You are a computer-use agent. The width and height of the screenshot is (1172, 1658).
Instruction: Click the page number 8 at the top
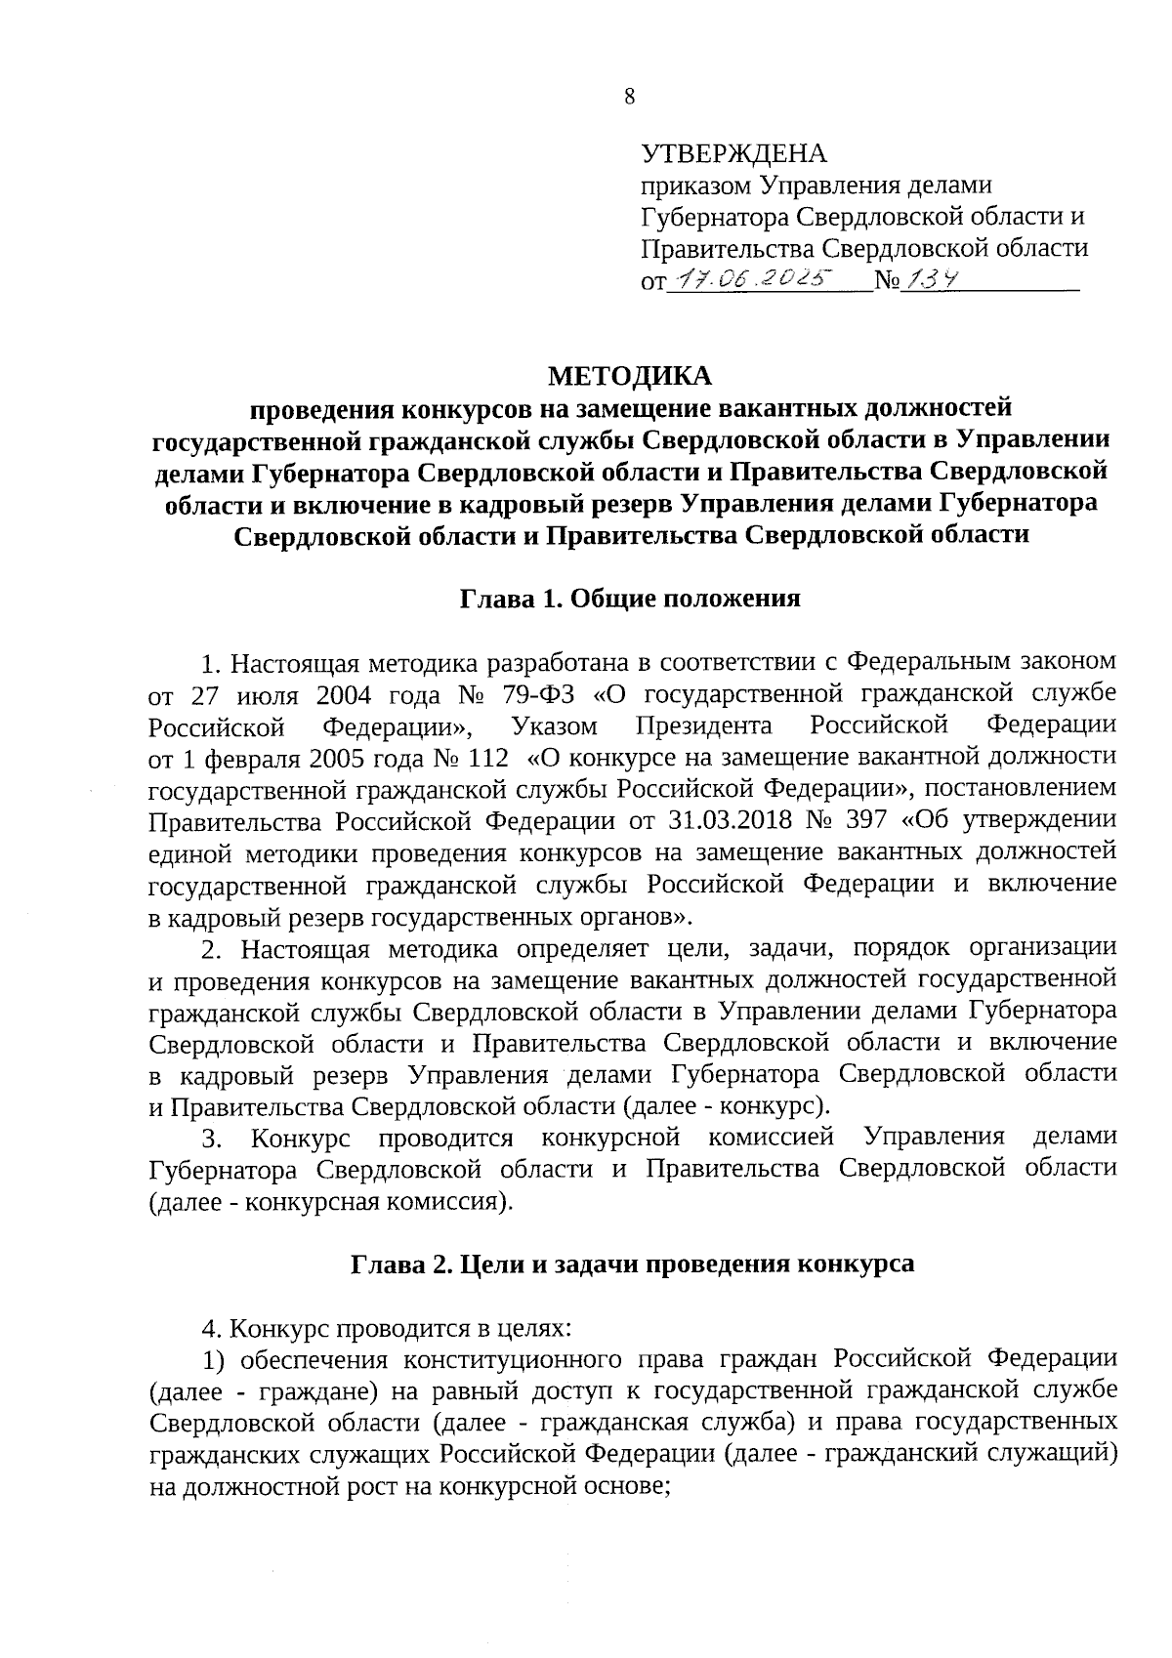coord(629,96)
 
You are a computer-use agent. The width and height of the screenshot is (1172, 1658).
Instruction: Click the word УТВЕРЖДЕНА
coord(733,154)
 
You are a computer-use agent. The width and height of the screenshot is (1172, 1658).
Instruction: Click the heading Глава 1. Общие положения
coord(630,599)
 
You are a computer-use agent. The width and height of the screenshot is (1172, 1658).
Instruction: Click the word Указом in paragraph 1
coord(553,726)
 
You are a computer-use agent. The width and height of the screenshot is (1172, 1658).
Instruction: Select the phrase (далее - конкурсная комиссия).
coord(331,1200)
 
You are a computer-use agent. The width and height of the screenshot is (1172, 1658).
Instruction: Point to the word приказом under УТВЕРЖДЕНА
coord(695,186)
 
